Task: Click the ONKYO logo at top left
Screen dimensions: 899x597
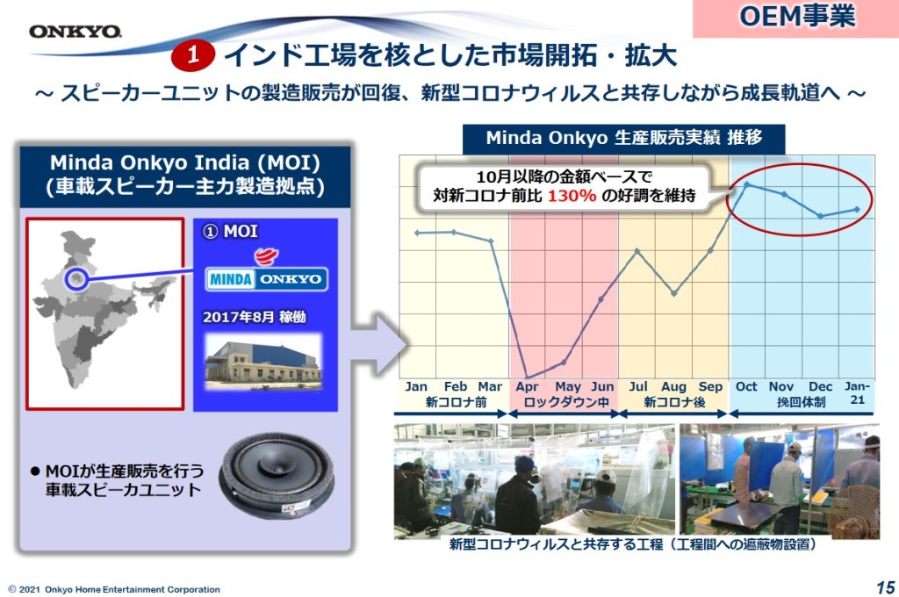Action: coord(76,32)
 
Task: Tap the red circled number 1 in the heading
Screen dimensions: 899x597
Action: coord(192,55)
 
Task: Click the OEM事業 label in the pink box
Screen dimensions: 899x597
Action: coord(797,16)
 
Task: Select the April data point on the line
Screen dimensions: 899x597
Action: coord(528,378)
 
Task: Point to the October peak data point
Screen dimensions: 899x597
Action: coord(746,184)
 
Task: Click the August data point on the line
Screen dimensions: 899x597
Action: coord(673,293)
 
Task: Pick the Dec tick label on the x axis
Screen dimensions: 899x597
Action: coord(821,386)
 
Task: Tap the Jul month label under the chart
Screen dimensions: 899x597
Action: coord(637,386)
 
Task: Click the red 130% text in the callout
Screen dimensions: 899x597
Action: coord(572,196)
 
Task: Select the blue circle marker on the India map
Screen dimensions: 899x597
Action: coord(76,278)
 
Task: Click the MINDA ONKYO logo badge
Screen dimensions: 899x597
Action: coord(267,279)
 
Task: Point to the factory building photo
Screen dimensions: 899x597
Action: coord(263,363)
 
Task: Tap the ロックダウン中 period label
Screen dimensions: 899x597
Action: coord(566,402)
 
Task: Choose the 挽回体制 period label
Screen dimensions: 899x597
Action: coord(801,402)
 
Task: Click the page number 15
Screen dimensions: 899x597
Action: coord(885,587)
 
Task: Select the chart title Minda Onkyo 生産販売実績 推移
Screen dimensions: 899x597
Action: coord(624,138)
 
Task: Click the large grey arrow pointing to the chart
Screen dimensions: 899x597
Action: coord(379,345)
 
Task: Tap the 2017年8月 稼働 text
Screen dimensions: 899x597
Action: coord(255,317)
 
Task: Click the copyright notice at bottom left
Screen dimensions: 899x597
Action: coord(114,589)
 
